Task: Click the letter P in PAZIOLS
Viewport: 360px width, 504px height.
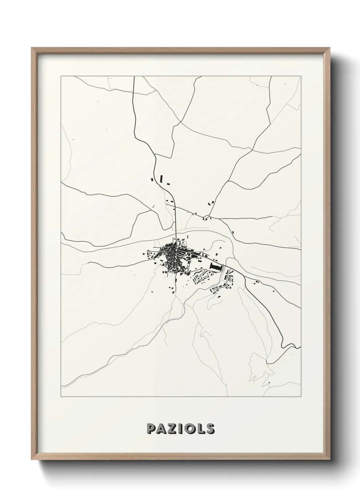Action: click(151, 429)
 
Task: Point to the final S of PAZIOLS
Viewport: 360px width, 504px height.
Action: click(210, 429)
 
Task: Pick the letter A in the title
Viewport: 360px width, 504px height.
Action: click(162, 429)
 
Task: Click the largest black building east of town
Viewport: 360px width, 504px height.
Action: click(215, 267)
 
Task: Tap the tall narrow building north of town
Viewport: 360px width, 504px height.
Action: click(162, 179)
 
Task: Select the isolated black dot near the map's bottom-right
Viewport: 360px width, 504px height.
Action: click(269, 383)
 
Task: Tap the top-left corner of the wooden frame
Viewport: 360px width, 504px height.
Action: click(32, 48)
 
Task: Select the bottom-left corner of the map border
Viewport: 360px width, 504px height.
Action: click(61, 397)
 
